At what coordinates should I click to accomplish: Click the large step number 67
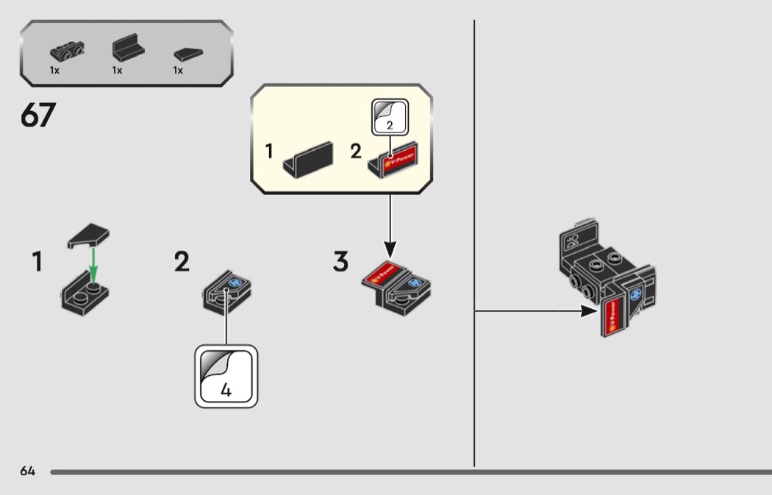point(38,115)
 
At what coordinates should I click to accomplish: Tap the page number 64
point(28,471)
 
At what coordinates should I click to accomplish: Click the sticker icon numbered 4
point(226,376)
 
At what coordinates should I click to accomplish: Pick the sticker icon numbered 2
point(389,115)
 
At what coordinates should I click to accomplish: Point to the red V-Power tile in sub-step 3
point(382,273)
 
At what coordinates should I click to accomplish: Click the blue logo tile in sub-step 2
point(236,282)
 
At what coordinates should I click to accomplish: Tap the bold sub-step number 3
point(340,262)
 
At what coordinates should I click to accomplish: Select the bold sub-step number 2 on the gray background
point(182,262)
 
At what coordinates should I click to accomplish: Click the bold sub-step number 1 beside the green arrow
point(37,263)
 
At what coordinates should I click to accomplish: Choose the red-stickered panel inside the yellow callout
point(393,159)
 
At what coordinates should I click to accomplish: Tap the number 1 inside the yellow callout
point(269,152)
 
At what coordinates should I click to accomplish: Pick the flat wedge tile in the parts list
point(187,54)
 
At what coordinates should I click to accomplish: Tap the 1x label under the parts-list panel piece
point(117,71)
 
